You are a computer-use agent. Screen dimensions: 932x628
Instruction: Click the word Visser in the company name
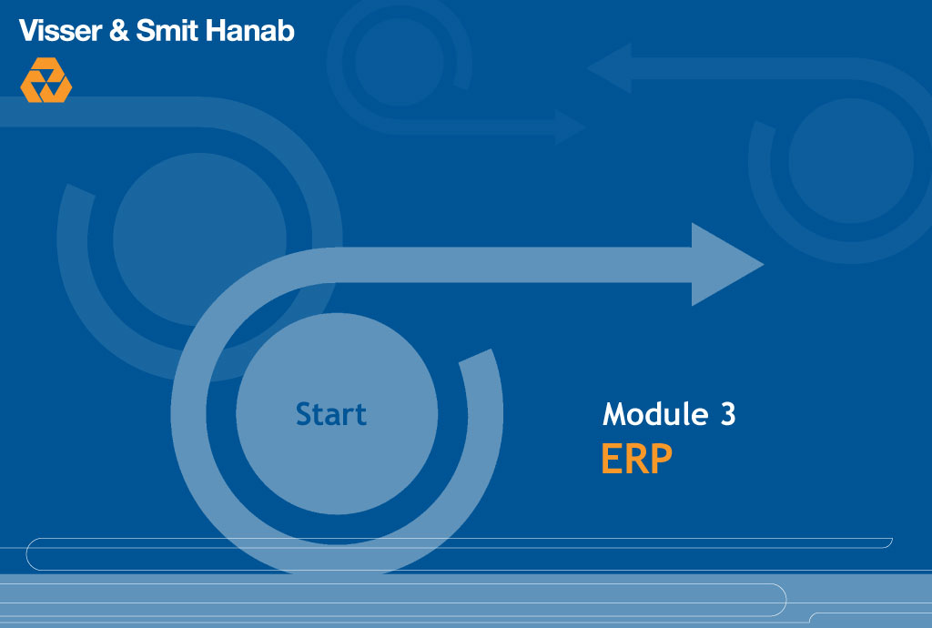pyautogui.click(x=60, y=30)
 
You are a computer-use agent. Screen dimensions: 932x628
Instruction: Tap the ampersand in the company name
pyautogui.click(x=119, y=30)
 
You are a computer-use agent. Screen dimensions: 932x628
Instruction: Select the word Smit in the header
pyautogui.click(x=167, y=30)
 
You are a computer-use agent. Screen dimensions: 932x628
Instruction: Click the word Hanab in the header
pyautogui.click(x=250, y=30)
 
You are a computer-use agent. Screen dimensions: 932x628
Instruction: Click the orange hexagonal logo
pyautogui.click(x=46, y=80)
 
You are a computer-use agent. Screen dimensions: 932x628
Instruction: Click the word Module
pyautogui.click(x=655, y=413)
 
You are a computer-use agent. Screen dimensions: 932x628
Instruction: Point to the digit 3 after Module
pyautogui.click(x=728, y=414)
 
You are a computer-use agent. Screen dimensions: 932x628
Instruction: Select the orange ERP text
pyautogui.click(x=636, y=459)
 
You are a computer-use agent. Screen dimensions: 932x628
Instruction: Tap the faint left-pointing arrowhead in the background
pyautogui.click(x=609, y=67)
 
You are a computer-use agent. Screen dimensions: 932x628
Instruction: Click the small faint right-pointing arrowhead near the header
pyautogui.click(x=570, y=127)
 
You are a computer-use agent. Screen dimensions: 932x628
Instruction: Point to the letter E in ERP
pyautogui.click(x=612, y=459)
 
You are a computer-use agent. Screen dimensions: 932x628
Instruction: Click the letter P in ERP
pyautogui.click(x=661, y=459)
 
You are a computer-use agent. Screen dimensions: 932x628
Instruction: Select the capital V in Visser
pyautogui.click(x=30, y=30)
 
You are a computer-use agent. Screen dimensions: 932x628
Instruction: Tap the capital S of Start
pyautogui.click(x=304, y=414)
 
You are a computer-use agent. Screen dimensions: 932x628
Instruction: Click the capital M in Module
pyautogui.click(x=615, y=414)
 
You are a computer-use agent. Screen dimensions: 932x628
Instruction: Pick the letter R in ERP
pyautogui.click(x=636, y=459)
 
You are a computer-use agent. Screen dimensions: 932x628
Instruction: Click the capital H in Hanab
pyautogui.click(x=216, y=30)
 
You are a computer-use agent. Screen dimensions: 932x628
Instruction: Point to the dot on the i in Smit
pyautogui.click(x=185, y=22)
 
